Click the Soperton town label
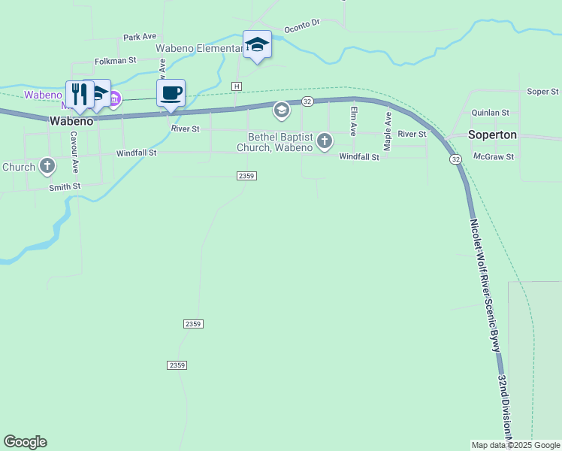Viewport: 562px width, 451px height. click(x=492, y=135)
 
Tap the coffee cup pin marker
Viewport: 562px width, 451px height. click(x=171, y=93)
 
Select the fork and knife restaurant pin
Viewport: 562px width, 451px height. click(x=79, y=94)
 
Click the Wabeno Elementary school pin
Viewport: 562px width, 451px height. click(x=257, y=45)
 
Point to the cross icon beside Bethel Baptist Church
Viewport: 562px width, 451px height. click(x=325, y=141)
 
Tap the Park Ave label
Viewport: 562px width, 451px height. click(x=139, y=36)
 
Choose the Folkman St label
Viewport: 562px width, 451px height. click(x=115, y=60)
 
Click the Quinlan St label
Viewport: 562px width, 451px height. click(x=490, y=112)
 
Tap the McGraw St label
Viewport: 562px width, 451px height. click(x=494, y=157)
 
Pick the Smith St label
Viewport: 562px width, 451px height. click(x=65, y=186)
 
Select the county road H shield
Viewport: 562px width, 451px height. click(x=237, y=86)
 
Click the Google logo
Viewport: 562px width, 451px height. click(x=25, y=442)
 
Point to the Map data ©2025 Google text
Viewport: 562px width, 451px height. click(x=515, y=445)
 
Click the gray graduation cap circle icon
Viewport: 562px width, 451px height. click(x=281, y=111)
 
